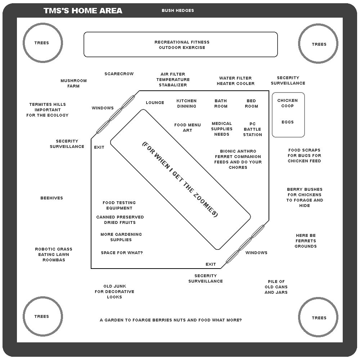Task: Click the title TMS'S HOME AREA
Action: tap(83, 10)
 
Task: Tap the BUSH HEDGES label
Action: tap(178, 10)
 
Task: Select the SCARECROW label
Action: tap(119, 74)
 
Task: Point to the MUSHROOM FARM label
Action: tap(73, 84)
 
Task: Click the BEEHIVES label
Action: tap(51, 198)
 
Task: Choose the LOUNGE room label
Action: tap(155, 102)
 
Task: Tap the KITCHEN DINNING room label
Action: tap(186, 103)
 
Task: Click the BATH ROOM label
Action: tap(221, 103)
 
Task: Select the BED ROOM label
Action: tap(251, 103)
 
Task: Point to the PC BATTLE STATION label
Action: tap(253, 129)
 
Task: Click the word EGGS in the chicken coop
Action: tap(288, 122)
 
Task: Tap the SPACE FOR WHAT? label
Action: tap(122, 253)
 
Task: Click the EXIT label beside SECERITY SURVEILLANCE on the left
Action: tap(99, 147)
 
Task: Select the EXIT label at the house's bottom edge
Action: tap(211, 264)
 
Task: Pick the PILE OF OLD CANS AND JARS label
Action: tap(276, 287)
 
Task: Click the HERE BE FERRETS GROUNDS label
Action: tap(306, 240)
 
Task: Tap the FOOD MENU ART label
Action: tap(187, 127)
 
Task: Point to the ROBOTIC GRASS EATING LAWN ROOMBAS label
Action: tap(54, 255)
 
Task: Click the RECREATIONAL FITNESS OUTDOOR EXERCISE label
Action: tap(182, 45)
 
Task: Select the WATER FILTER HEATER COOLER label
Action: tap(235, 81)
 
